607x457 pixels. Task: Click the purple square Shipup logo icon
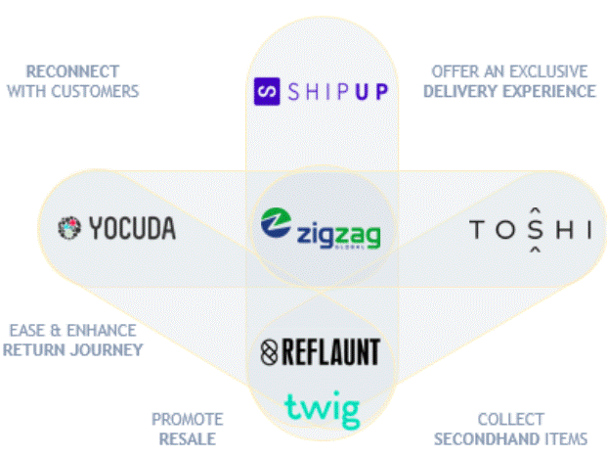point(267,91)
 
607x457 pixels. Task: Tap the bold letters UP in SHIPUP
point(371,92)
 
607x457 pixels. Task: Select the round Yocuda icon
point(69,228)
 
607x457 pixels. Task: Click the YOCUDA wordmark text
point(132,228)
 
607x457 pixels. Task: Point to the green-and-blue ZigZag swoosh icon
point(276,222)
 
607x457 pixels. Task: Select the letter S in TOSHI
point(536,229)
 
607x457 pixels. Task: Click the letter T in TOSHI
point(477,229)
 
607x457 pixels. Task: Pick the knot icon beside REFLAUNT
point(269,352)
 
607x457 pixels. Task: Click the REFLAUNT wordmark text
point(331,352)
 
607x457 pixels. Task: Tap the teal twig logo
point(323,409)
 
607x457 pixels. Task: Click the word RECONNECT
point(72,71)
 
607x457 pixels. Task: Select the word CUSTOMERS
point(95,91)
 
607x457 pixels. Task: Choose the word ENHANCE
point(102,331)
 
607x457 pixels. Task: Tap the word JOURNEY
point(107,350)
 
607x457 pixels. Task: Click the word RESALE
point(188,439)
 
